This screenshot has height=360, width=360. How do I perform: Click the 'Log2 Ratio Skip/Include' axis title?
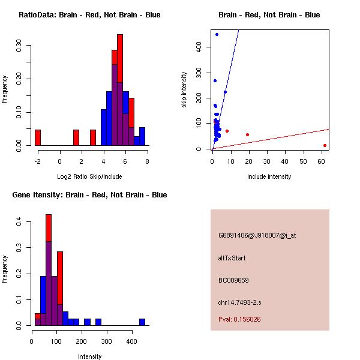[89, 176]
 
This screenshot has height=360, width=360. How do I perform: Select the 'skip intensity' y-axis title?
[185, 90]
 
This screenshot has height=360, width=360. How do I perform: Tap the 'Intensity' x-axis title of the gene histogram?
[89, 356]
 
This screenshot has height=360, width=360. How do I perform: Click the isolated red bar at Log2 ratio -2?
[38, 137]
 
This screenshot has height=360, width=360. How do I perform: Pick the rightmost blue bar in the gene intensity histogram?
[142, 322]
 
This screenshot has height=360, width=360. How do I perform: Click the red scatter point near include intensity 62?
[325, 145]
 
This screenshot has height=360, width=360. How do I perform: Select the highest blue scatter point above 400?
[217, 34]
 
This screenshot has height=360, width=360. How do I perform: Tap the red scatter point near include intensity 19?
[247, 134]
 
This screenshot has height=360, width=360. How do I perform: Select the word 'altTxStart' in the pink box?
[232, 258]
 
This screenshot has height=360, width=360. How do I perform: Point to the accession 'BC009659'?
[233, 280]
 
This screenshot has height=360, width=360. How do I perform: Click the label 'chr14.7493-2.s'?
[240, 302]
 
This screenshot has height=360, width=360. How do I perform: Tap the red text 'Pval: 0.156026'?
[239, 319]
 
